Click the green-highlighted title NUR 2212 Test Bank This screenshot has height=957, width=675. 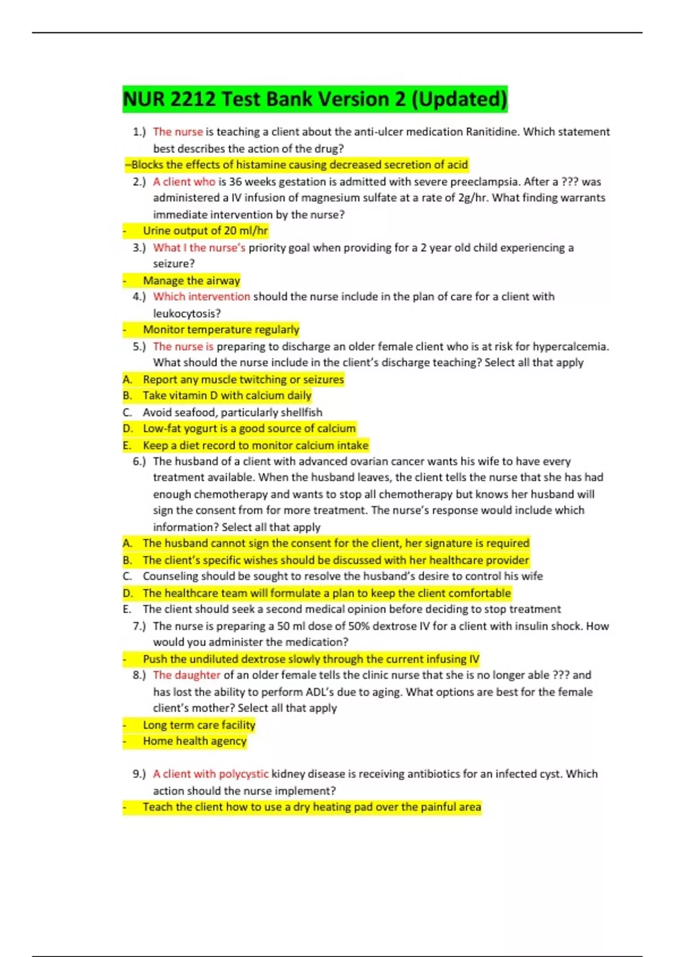point(315,99)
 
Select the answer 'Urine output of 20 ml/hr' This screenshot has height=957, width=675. point(205,231)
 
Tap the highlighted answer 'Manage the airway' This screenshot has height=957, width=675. point(191,280)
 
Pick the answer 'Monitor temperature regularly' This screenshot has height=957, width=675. point(220,329)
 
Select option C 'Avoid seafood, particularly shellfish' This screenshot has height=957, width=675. point(232,412)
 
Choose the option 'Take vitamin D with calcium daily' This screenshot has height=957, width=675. point(227,396)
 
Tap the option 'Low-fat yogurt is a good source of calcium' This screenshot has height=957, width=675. point(249,428)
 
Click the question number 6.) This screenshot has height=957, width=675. point(139,462)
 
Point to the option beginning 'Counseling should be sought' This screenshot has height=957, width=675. point(342,576)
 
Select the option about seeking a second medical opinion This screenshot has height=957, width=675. point(351,609)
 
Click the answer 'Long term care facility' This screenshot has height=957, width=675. point(199,725)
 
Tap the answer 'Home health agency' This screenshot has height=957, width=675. point(195,741)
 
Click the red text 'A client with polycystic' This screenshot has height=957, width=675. point(210,774)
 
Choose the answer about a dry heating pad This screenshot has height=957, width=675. point(312,807)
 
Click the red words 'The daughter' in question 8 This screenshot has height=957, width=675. point(187,675)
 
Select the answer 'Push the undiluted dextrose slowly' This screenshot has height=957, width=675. point(310,659)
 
